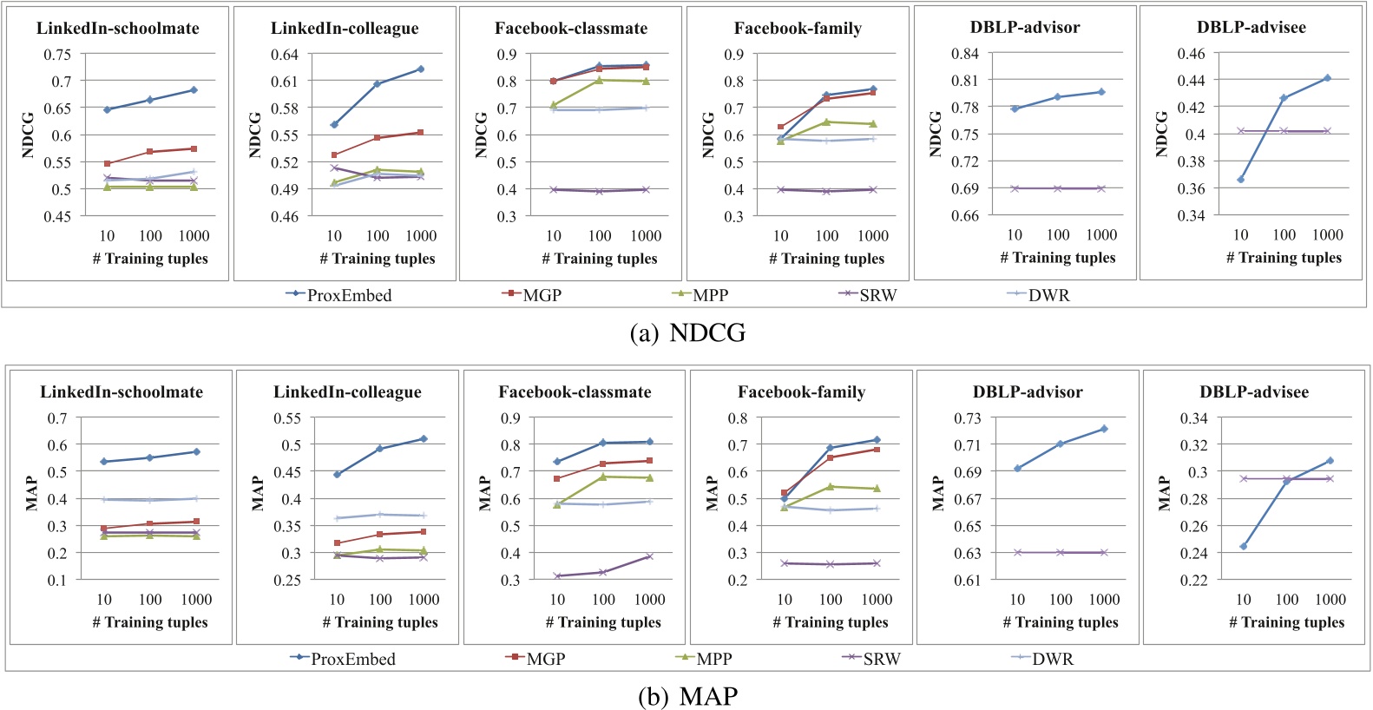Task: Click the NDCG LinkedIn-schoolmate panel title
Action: tap(117, 29)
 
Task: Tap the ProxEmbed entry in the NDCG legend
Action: tap(348, 295)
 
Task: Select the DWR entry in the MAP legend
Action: tap(1052, 659)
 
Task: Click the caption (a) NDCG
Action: tap(686, 332)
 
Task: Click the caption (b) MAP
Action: tap(687, 696)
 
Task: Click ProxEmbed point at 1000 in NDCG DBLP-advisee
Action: tap(1327, 78)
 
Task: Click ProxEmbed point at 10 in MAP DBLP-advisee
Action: tap(1244, 546)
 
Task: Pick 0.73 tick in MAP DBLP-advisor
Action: tap(967, 418)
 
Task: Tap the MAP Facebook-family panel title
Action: tap(801, 392)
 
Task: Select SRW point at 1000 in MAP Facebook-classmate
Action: tap(649, 556)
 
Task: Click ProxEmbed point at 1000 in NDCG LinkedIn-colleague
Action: tap(421, 69)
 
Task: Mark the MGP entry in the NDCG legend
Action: tap(542, 295)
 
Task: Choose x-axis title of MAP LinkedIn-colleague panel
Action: tap(379, 622)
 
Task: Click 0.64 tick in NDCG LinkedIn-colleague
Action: tap(284, 55)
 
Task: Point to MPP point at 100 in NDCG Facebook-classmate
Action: tap(599, 80)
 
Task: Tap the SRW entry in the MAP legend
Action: tap(881, 659)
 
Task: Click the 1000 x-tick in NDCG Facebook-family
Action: tap(872, 236)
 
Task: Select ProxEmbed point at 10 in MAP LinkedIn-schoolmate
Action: tap(104, 462)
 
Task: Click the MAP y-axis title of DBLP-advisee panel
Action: tap(1164, 492)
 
